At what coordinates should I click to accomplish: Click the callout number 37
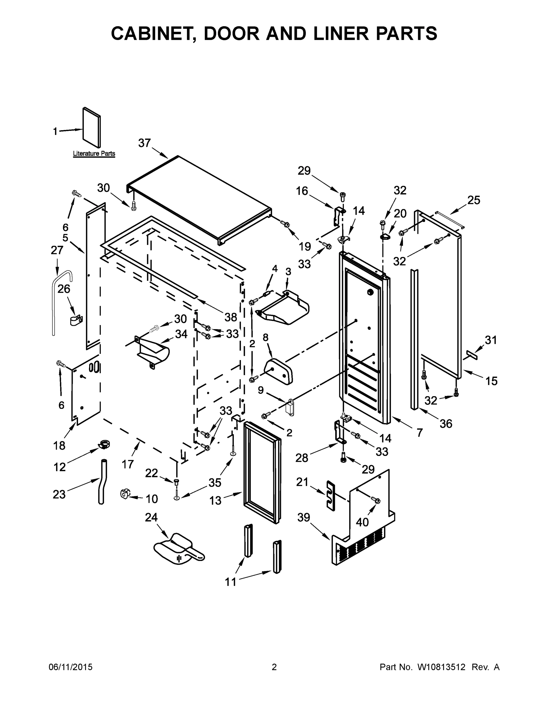[144, 143]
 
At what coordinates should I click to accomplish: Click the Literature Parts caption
[94, 154]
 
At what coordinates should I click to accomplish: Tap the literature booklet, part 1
[91, 128]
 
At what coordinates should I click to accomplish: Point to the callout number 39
[304, 517]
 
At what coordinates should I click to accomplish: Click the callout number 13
[215, 500]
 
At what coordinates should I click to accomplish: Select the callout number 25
[473, 200]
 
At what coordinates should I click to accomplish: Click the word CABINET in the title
[154, 33]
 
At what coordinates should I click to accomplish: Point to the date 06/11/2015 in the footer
[70, 667]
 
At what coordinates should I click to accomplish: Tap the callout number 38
[231, 317]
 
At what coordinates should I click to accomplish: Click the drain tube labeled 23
[102, 482]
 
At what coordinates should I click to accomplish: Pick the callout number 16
[302, 191]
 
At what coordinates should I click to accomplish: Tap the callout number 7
[419, 432]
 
